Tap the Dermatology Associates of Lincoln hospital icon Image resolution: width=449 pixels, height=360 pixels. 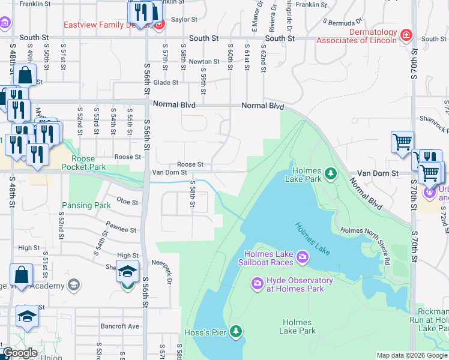coord(406,35)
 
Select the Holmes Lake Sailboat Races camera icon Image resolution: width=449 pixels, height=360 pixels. coord(303,257)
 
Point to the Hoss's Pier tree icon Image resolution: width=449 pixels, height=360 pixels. coord(237,331)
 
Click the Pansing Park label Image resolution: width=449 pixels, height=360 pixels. coord(86,205)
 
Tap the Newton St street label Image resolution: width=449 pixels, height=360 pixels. coord(204,62)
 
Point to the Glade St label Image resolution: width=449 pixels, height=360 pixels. coord(166,83)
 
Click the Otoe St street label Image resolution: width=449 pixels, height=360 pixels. coord(127,202)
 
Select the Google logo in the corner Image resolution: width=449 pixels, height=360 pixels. coord(20,353)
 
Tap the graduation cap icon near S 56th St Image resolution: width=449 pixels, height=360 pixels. coord(127,272)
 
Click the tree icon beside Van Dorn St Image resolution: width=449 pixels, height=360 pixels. coord(330,173)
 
